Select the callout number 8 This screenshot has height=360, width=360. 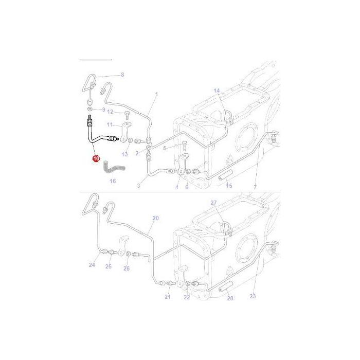[x=122, y=75]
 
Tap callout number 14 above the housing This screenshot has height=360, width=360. [x=217, y=91]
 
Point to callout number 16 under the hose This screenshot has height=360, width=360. [x=113, y=181]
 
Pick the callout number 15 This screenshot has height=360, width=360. [x=229, y=186]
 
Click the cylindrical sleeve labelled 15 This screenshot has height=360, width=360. [x=225, y=178]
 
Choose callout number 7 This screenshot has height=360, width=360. [x=255, y=186]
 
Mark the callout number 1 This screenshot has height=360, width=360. [x=156, y=94]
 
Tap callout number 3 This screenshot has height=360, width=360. [x=138, y=184]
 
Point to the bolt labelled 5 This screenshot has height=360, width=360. [x=184, y=146]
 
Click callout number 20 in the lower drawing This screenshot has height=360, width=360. [x=156, y=218]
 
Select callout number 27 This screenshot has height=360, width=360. [x=214, y=203]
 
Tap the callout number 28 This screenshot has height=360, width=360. [x=229, y=298]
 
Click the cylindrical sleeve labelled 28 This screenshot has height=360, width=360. [x=225, y=291]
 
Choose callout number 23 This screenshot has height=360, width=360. [x=253, y=296]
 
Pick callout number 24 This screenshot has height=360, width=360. [x=92, y=265]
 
